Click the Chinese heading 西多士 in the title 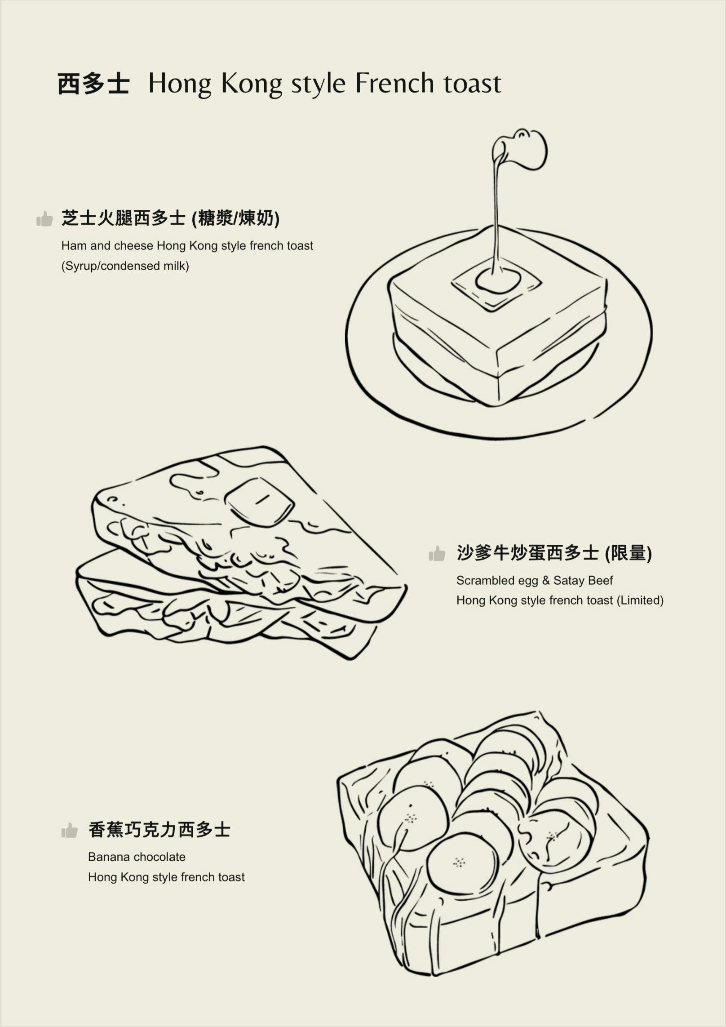[x=93, y=84]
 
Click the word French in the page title [x=395, y=84]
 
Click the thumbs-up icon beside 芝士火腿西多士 [x=44, y=219]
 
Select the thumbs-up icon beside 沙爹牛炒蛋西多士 [x=437, y=554]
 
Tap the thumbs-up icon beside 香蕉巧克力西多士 [x=69, y=830]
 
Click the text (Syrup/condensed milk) [x=125, y=266]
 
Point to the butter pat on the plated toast [x=498, y=281]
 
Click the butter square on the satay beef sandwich [x=260, y=502]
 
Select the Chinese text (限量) [x=628, y=553]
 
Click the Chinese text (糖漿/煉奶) [x=235, y=219]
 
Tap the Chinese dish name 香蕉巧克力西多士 [x=159, y=830]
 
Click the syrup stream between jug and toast [x=496, y=216]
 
